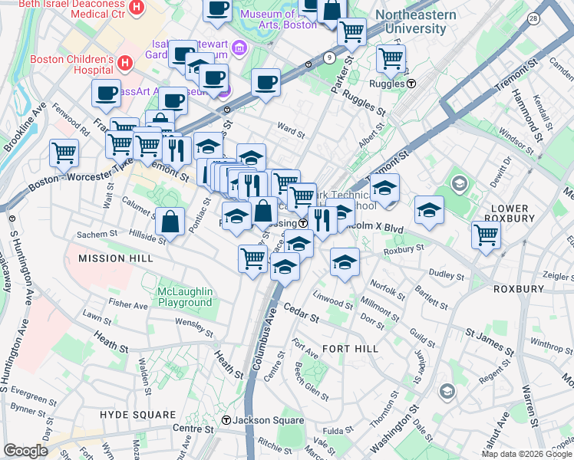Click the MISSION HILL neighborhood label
tap(112, 258)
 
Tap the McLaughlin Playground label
tap(184, 297)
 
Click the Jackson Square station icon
tap(226, 420)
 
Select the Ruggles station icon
tap(411, 84)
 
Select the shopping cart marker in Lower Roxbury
tap(486, 235)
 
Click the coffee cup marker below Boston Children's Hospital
tap(106, 93)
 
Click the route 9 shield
tap(329, 57)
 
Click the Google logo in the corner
tap(25, 451)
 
